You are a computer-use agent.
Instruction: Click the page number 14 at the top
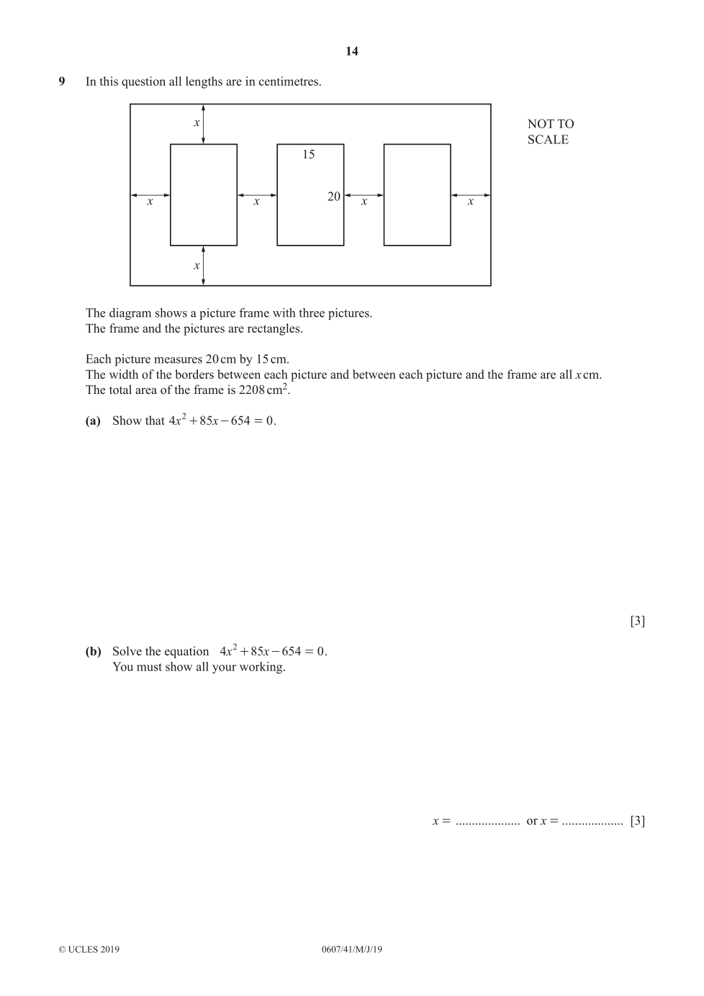pos(351,51)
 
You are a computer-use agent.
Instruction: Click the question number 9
pos(62,81)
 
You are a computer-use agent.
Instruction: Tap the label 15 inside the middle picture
pos(308,154)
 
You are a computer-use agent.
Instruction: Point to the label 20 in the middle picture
pos(334,197)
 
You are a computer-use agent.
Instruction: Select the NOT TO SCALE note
pos(550,132)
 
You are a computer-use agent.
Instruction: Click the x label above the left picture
pos(197,123)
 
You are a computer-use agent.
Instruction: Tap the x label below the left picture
pos(197,266)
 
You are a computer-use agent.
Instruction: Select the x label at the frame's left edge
pos(150,202)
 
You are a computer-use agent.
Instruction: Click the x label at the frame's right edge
pos(471,202)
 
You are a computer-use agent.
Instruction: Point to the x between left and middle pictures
pos(256,202)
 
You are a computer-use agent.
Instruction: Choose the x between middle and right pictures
pos(364,202)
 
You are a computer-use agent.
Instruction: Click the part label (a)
pos(93,421)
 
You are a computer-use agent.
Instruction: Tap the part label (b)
pos(93,652)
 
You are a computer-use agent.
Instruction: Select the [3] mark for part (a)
pos(637,621)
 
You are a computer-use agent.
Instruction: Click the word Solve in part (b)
pos(127,652)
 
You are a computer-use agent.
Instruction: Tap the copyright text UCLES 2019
pos(89,949)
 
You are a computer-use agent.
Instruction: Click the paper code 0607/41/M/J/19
pos(352,949)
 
